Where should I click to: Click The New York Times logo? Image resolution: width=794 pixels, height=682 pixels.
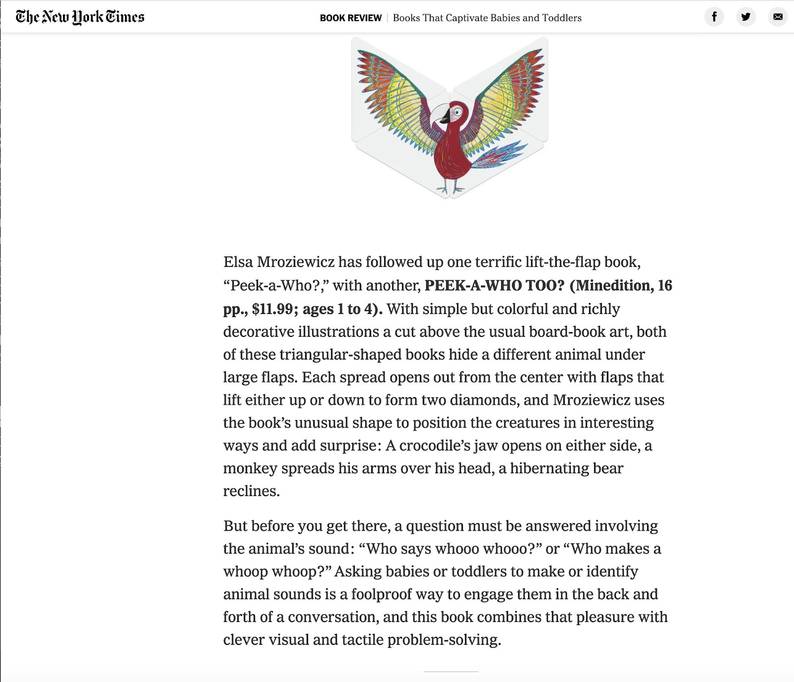pos(80,17)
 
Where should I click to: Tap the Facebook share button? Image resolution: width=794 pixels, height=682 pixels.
pos(714,17)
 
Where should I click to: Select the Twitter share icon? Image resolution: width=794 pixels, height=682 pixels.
pos(746,17)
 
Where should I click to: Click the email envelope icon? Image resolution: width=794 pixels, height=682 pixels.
pos(778,17)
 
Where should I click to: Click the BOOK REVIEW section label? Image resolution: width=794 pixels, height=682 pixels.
pos(350,18)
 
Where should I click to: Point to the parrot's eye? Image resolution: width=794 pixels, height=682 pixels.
pos(458,113)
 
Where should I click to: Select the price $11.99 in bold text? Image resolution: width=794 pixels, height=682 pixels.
pos(272,309)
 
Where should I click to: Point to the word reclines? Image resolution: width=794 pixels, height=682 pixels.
pos(251,491)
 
